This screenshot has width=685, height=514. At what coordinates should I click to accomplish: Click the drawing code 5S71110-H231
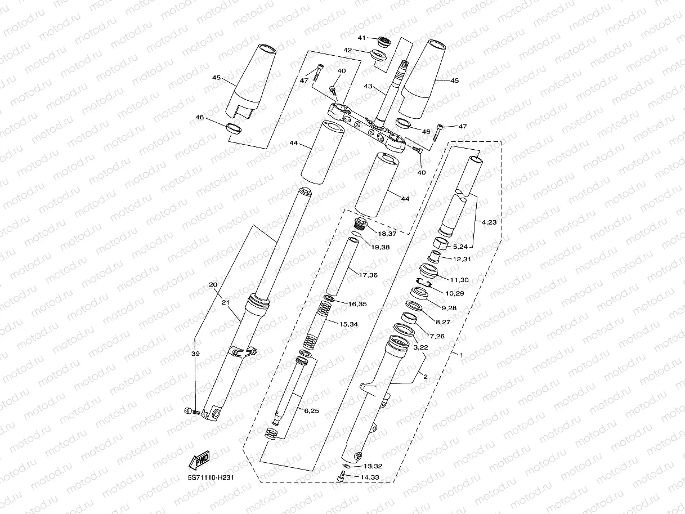[x=211, y=477]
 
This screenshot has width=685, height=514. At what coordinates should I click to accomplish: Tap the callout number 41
[x=362, y=38]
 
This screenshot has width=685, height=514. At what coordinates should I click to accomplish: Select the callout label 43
[x=368, y=86]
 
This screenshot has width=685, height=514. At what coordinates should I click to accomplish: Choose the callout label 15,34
[x=350, y=324]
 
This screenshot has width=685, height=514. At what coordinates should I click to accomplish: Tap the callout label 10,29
[x=455, y=293]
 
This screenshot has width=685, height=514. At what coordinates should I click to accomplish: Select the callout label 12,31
[x=460, y=259]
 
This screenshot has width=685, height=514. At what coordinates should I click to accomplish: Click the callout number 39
[x=195, y=353]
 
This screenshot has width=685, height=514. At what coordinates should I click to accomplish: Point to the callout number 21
[x=226, y=303]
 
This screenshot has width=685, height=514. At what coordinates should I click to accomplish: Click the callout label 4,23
[x=489, y=222]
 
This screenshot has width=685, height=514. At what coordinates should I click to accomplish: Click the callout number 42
[x=348, y=50]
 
